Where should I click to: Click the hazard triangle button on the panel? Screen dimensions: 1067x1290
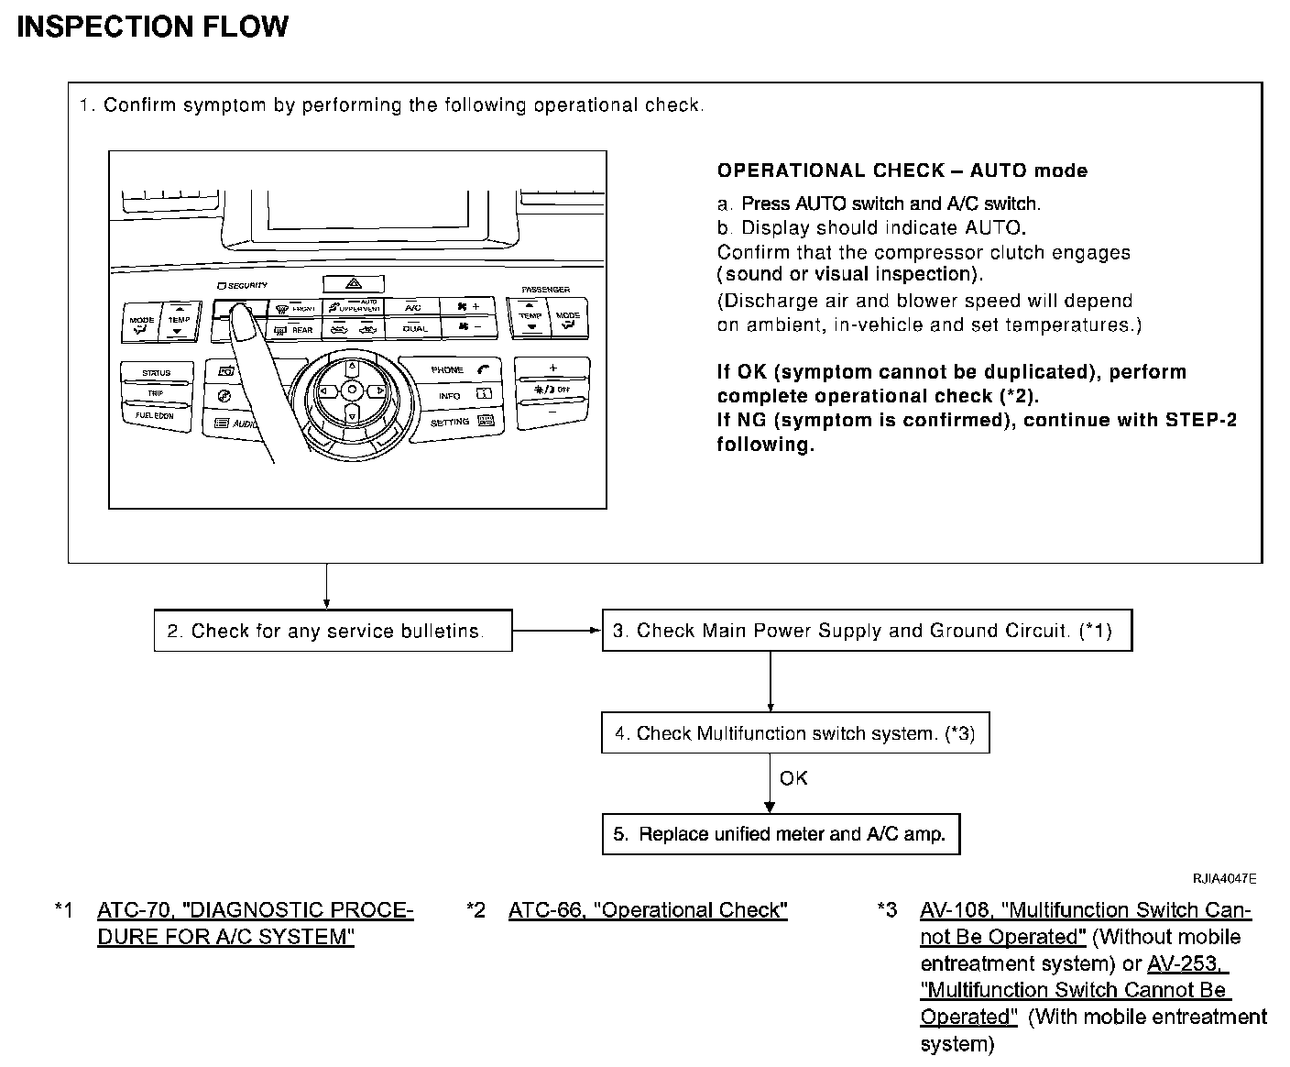click(x=353, y=284)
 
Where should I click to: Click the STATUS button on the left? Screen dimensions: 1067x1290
click(x=157, y=373)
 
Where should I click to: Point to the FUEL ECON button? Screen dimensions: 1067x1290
click(x=157, y=415)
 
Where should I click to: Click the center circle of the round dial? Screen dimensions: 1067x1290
click(x=352, y=390)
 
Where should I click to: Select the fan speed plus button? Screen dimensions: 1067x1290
click(x=467, y=307)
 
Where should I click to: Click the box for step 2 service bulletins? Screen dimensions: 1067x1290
click(x=333, y=631)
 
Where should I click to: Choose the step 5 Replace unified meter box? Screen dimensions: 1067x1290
click(x=781, y=834)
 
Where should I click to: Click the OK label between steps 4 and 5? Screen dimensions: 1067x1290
click(x=793, y=778)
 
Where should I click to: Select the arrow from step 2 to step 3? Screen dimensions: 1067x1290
click(x=556, y=631)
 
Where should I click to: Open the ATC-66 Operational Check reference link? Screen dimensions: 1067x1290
click(x=648, y=910)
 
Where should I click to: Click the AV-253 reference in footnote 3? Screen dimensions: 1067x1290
click(x=1187, y=963)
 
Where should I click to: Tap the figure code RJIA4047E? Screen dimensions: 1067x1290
click(x=1224, y=879)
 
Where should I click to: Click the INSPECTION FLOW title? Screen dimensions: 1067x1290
click(x=152, y=27)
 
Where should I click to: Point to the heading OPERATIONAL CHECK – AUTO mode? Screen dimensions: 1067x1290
click(x=902, y=170)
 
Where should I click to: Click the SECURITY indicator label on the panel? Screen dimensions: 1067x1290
click(x=243, y=286)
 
